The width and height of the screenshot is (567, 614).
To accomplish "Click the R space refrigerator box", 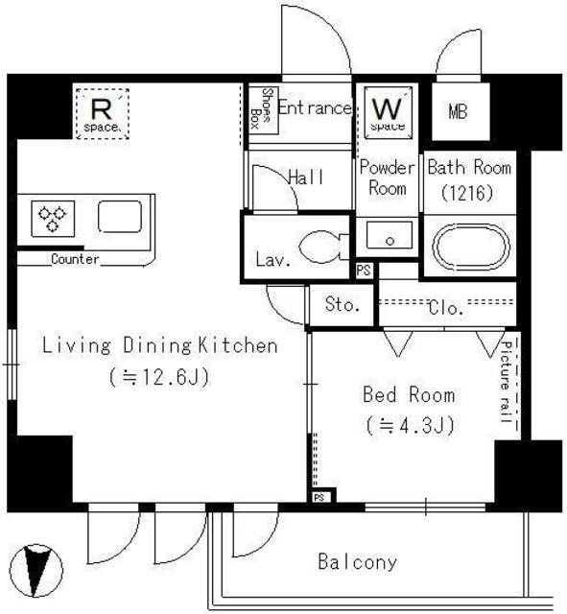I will (101, 111).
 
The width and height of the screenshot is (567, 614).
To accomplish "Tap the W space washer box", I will (388, 111).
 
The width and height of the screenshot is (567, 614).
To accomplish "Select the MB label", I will (458, 111).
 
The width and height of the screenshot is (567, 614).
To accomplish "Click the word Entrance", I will (314, 108).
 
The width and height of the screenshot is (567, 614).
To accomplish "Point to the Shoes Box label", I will (258, 108).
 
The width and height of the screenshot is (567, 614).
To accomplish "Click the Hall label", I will (305, 177).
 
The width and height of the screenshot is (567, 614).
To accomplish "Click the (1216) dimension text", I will (467, 192).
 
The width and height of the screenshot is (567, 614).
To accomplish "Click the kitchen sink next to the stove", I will (119, 218).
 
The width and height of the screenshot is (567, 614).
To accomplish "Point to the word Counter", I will (74, 259).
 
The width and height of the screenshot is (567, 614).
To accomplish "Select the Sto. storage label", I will (342, 306).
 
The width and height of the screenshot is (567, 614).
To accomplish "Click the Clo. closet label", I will (446, 308).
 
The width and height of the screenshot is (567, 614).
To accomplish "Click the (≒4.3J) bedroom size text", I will (409, 424).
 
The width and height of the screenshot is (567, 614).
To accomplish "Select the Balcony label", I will (357, 562).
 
